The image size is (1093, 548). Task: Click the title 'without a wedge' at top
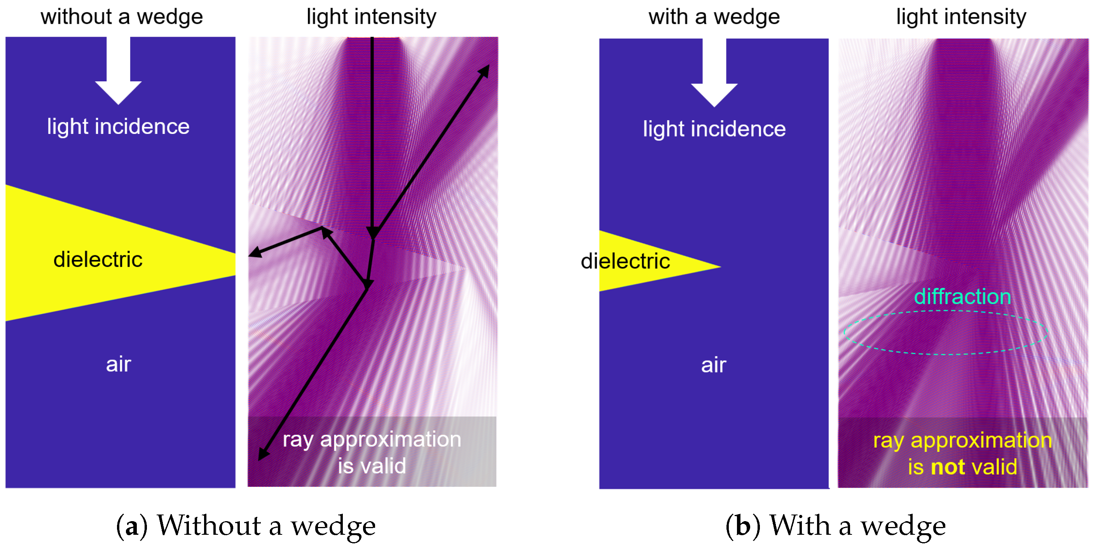(x=122, y=17)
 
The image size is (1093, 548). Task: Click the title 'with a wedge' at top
(x=714, y=17)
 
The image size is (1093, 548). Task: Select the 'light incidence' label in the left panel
(x=119, y=126)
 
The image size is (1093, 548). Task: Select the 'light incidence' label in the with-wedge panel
(x=714, y=129)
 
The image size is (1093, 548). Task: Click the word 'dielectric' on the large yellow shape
(x=98, y=260)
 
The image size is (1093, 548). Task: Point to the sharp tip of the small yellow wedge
(x=719, y=267)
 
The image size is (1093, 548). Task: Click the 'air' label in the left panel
(x=119, y=364)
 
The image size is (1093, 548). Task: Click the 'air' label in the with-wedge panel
(x=714, y=365)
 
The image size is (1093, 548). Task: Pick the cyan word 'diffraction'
(x=962, y=296)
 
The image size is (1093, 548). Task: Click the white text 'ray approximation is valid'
(x=372, y=452)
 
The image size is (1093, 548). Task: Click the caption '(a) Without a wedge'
(x=246, y=526)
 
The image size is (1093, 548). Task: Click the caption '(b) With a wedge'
(x=835, y=526)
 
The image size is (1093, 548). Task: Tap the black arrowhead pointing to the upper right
(x=485, y=70)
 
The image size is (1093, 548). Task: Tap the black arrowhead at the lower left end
(x=263, y=455)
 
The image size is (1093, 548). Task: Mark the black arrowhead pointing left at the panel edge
(x=254, y=253)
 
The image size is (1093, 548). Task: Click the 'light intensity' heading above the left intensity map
(x=371, y=17)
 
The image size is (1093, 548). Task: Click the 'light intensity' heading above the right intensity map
(x=961, y=17)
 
